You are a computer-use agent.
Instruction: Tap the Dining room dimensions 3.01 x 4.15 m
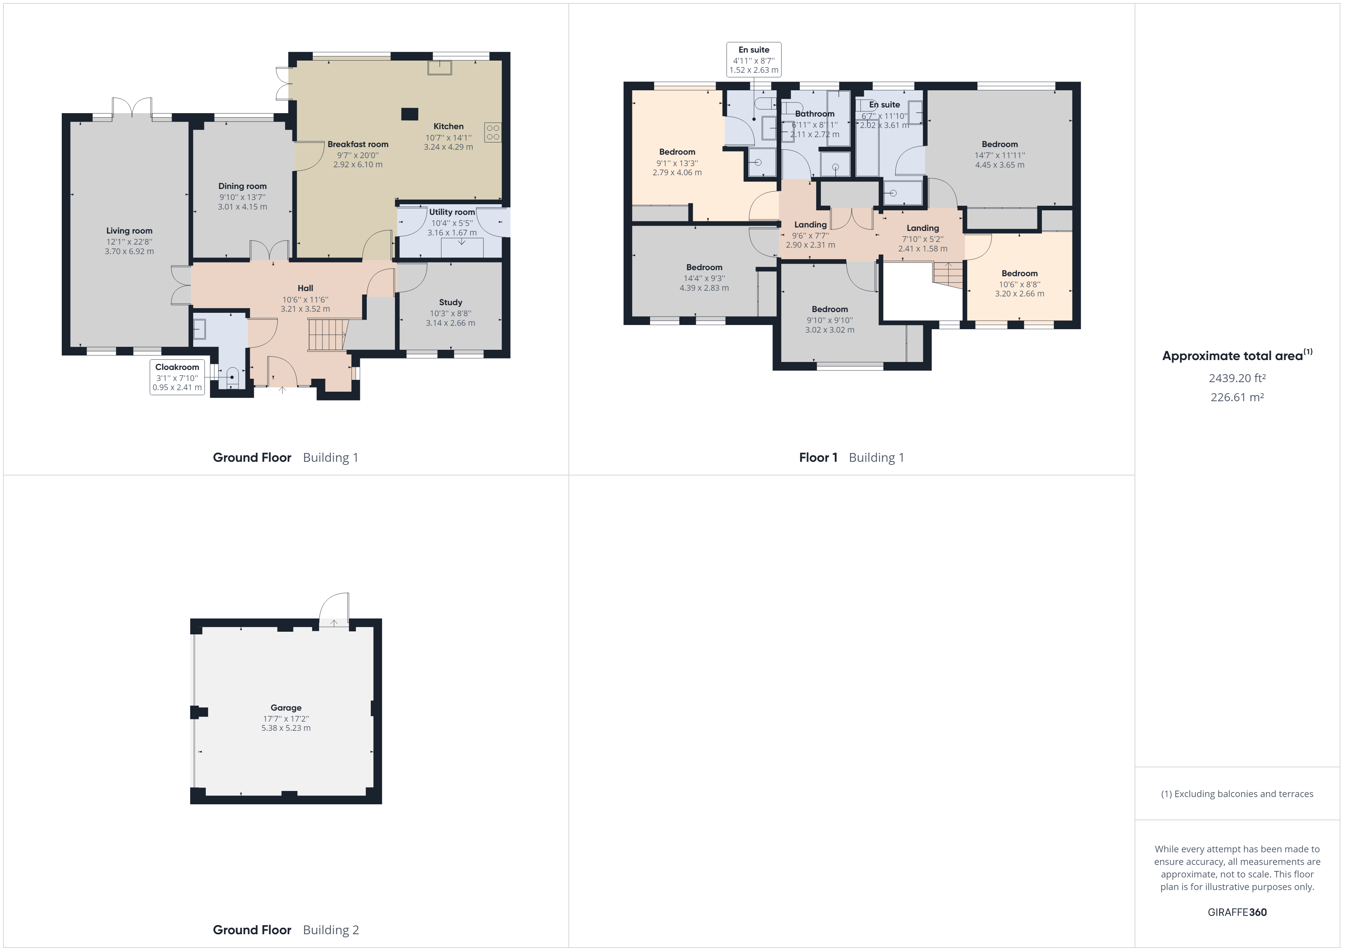242,207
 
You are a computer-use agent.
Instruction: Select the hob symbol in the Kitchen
493,132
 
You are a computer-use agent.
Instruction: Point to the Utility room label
452,212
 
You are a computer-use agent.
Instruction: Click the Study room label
451,302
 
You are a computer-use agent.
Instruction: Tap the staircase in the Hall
327,335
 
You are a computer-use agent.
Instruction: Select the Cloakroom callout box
177,377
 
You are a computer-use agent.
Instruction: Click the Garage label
286,708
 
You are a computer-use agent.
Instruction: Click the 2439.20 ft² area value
1237,378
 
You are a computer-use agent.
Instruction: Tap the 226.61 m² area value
1237,397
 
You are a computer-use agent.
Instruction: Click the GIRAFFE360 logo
1237,912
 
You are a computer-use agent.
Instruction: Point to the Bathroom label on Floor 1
814,114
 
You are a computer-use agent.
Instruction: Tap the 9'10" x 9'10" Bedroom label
830,309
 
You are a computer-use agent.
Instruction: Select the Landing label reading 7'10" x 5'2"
923,228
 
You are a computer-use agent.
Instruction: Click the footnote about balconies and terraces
1237,794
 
